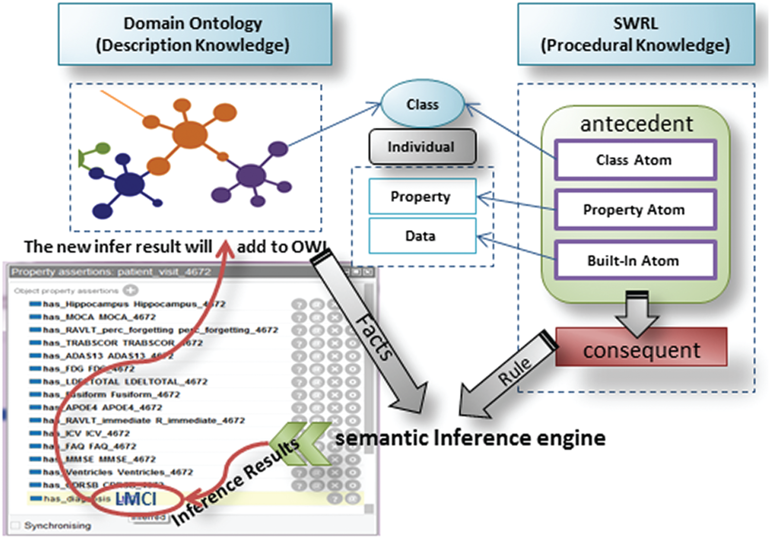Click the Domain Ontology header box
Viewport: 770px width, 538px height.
[x=194, y=34]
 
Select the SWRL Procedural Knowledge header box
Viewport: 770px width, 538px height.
[x=635, y=34]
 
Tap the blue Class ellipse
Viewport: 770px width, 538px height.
[x=422, y=104]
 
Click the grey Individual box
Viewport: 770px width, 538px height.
[x=422, y=147]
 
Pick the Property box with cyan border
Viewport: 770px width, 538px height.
[x=422, y=196]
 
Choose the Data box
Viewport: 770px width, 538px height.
[x=422, y=236]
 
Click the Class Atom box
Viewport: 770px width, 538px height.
[x=635, y=160]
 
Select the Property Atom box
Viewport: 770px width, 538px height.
[x=635, y=210]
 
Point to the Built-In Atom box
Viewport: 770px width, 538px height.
[x=635, y=261]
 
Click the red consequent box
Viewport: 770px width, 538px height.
[x=641, y=350]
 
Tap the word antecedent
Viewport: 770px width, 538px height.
[x=636, y=124]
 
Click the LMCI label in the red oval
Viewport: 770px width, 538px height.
[x=136, y=498]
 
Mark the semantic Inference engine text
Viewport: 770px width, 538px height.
[x=470, y=438]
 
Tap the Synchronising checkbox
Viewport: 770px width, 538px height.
[x=16, y=525]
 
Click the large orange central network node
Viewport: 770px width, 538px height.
[x=190, y=135]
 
